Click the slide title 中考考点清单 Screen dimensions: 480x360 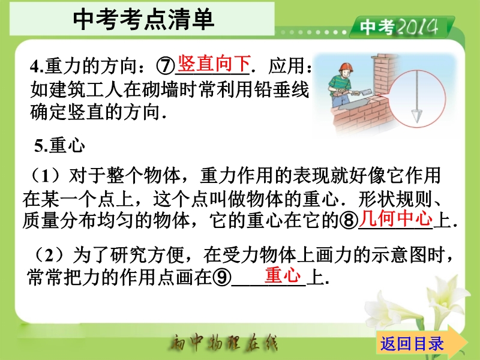coord(143,19)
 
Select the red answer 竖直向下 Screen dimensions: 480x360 coord(214,64)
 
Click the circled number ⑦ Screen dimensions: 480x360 coord(166,65)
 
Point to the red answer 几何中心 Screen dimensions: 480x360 coord(396,218)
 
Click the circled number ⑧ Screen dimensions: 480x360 coord(349,220)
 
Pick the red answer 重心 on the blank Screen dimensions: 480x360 coord(283,275)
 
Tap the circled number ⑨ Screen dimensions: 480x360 coord(221,277)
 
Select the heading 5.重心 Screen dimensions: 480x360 coord(59,145)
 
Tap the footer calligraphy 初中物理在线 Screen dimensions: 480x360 coord(224,343)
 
